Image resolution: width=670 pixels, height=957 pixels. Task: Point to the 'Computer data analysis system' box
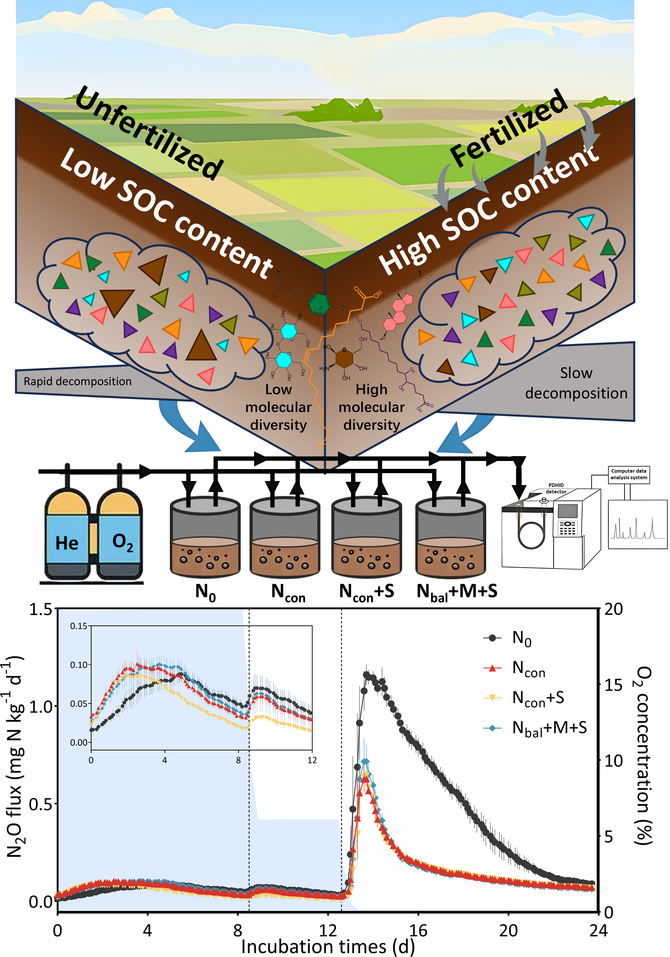tap(628, 474)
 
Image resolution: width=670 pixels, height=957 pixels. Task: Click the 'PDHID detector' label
tap(556, 488)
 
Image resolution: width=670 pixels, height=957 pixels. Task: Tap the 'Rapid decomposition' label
tap(77, 381)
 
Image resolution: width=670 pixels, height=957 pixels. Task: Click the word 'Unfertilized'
tap(149, 133)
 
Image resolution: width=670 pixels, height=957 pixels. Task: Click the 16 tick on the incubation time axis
tap(418, 930)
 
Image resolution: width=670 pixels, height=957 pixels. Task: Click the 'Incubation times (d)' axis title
tap(328, 946)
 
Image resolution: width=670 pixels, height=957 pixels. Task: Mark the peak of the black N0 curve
tap(366, 674)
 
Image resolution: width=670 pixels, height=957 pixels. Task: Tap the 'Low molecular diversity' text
tap(278, 407)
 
